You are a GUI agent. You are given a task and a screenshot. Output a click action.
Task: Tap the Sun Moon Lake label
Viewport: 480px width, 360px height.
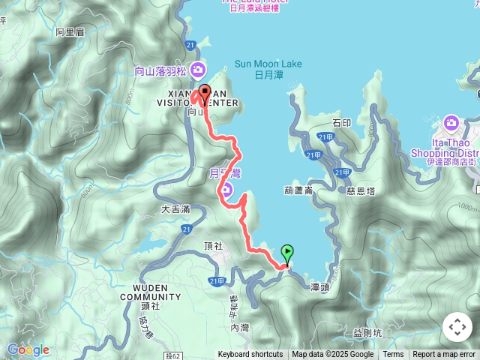pyautogui.click(x=268, y=69)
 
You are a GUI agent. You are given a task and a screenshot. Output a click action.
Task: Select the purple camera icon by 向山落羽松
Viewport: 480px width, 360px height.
pyautogui.click(x=198, y=71)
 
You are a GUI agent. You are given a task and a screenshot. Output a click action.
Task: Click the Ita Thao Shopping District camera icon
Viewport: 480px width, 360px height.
pyautogui.click(x=451, y=122)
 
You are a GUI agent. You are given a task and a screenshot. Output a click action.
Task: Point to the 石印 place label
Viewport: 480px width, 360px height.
pyautogui.click(x=341, y=122)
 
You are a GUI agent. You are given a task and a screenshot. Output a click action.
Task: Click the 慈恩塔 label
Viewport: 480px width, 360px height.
pyautogui.click(x=360, y=191)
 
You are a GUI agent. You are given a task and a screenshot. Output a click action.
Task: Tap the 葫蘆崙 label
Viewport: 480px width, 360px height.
pyautogui.click(x=298, y=190)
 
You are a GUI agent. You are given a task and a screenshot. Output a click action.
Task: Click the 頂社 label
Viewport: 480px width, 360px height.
pyautogui.click(x=213, y=246)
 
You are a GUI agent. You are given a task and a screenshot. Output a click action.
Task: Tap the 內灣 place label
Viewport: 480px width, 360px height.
pyautogui.click(x=240, y=327)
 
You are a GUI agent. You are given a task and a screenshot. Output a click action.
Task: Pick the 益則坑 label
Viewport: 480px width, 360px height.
pyautogui.click(x=367, y=331)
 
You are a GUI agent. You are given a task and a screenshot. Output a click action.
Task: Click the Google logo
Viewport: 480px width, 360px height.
pyautogui.click(x=28, y=349)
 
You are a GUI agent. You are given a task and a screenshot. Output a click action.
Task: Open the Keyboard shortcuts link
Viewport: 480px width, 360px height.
pyautogui.click(x=250, y=355)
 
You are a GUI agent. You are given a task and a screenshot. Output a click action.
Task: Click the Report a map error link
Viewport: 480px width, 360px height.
pyautogui.click(x=444, y=355)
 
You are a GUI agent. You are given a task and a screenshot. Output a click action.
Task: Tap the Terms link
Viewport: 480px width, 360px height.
pyautogui.click(x=393, y=355)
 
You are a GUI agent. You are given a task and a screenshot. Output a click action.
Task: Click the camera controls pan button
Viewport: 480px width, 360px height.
pyautogui.click(x=457, y=327)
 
